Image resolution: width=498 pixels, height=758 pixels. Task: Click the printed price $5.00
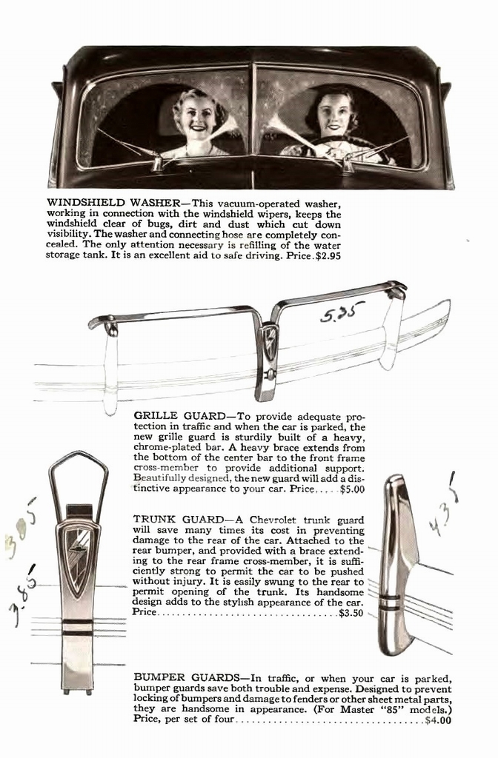pyautogui.click(x=352, y=489)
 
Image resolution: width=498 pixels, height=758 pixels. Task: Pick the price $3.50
pyautogui.click(x=351, y=614)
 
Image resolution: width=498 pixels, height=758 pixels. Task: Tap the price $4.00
pyautogui.click(x=438, y=719)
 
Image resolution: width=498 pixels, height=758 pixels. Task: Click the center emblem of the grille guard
pyautogui.click(x=268, y=343)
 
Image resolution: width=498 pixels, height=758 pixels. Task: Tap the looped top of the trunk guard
pyautogui.click(x=78, y=474)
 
